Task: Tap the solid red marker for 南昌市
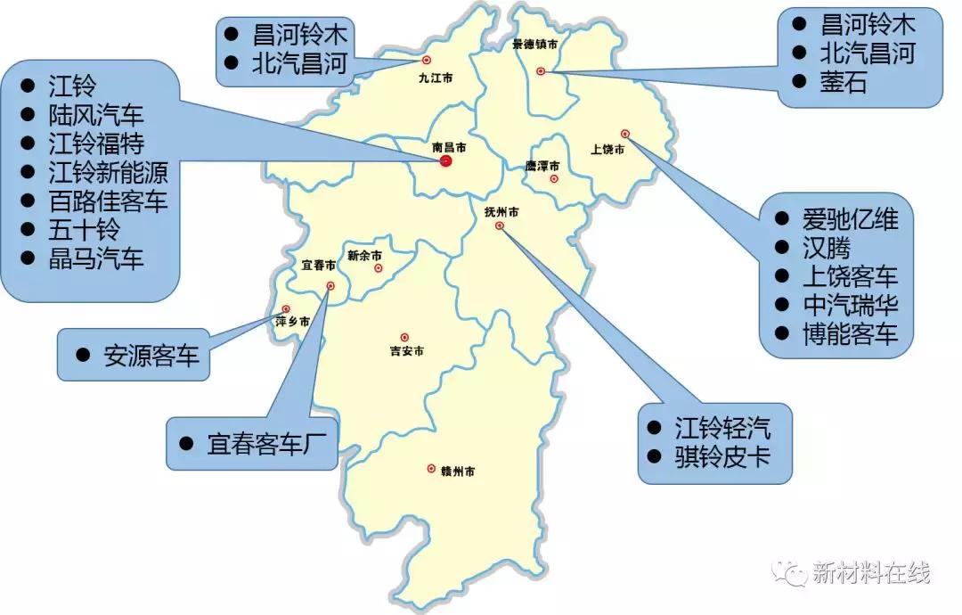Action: [x=445, y=160]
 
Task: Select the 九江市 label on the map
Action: [x=436, y=78]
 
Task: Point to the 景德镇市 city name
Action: [x=535, y=45]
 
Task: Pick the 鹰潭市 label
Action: [x=542, y=166]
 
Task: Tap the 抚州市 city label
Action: [x=501, y=212]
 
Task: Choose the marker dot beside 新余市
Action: [x=379, y=267]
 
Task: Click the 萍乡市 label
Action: [x=293, y=321]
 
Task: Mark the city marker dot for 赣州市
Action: [x=431, y=469]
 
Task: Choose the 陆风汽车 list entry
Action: [x=95, y=115]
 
